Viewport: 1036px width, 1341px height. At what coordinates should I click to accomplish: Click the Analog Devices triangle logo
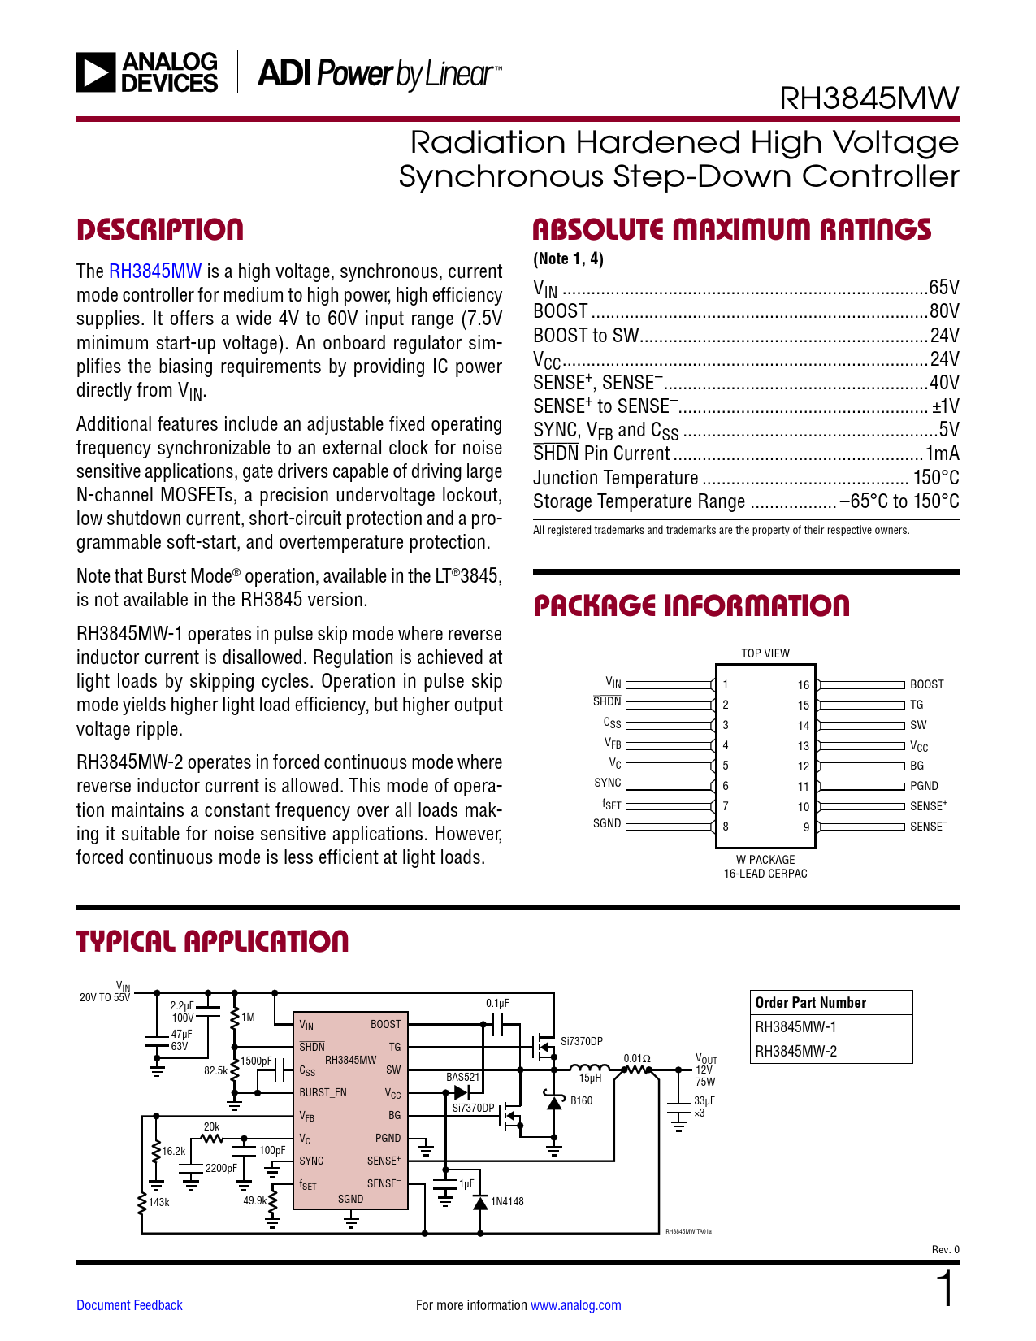[96, 72]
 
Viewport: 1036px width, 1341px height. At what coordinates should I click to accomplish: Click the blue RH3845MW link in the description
[155, 271]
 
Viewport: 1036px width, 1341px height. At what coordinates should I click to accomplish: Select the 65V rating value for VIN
[944, 288]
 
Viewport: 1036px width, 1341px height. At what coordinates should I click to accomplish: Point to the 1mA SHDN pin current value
[943, 454]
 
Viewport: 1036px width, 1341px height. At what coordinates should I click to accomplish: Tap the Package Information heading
[691, 605]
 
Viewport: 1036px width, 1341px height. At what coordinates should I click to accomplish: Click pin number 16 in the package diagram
[803, 685]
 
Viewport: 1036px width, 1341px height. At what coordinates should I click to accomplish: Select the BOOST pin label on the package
[926, 684]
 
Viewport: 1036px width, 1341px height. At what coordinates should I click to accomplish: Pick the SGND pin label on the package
[607, 823]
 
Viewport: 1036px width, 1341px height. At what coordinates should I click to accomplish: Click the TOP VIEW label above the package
[765, 653]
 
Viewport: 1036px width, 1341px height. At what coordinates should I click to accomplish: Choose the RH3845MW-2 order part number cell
[795, 1051]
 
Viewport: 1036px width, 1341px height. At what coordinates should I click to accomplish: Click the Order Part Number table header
[810, 1003]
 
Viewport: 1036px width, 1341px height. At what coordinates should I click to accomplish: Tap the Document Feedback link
[129, 1305]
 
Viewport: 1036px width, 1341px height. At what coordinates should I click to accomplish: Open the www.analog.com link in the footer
[575, 1305]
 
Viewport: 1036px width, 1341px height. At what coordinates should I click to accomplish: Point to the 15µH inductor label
[590, 1078]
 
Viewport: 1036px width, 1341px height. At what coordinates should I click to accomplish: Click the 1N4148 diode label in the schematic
[507, 1201]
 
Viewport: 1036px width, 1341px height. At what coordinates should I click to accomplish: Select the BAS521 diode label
[462, 1077]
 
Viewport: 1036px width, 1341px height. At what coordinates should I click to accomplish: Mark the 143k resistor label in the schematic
[159, 1202]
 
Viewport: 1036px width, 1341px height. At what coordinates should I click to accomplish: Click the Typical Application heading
[212, 942]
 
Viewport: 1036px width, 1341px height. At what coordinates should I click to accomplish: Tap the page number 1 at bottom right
[945, 1291]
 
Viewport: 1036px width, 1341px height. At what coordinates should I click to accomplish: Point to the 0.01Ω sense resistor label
[637, 1058]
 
